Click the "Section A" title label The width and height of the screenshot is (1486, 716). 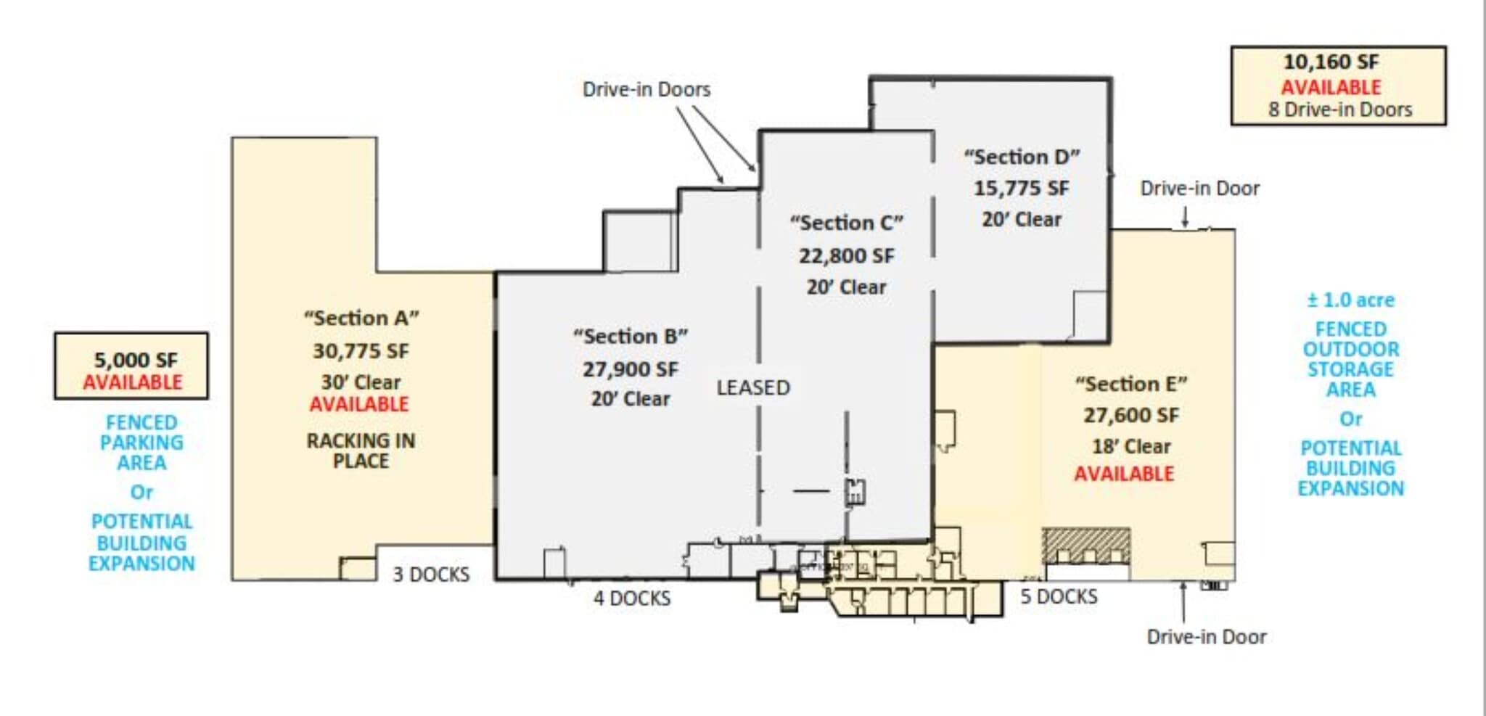pos(361,318)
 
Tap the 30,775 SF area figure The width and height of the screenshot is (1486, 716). pos(361,351)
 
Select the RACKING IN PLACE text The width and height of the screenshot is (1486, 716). pos(361,450)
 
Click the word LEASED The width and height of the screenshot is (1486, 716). pos(752,388)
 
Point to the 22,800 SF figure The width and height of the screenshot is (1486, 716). pos(846,256)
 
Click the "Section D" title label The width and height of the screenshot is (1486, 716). pos(1021,157)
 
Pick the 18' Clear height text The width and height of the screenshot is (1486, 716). pos(1130,446)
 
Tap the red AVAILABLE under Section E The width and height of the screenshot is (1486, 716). pos(1123,474)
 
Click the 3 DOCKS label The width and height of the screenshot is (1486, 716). pos(431,575)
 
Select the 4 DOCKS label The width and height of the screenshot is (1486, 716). pos(631,598)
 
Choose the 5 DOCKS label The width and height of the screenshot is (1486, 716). pos(1058,596)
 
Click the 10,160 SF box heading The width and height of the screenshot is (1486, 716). pos(1331,62)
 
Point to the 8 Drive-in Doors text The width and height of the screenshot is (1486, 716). pos(1339,110)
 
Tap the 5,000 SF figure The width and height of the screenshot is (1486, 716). pos(136,360)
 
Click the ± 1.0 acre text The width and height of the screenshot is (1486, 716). pos(1350,300)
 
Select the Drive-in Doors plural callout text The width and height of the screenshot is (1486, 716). pos(646,89)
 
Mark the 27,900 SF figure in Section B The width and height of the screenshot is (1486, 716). pos(630,369)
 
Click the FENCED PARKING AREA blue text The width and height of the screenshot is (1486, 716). pos(141,443)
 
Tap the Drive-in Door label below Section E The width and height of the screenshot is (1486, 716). pos(1206,637)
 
